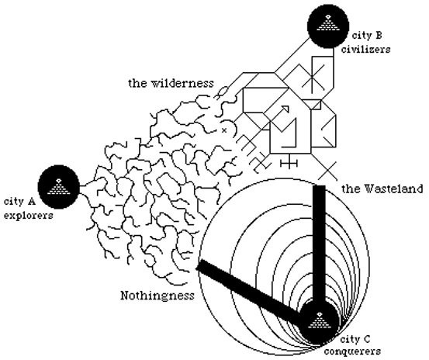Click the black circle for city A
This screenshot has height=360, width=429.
[x=58, y=187]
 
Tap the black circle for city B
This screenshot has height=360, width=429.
[x=328, y=26]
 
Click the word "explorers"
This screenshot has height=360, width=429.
[x=29, y=216]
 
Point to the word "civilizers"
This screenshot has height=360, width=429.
[x=365, y=49]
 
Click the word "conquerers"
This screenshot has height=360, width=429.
[x=353, y=351]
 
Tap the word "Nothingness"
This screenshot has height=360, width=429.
[x=157, y=296]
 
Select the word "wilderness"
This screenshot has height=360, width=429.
[x=182, y=83]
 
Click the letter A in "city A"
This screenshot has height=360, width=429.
[x=31, y=202]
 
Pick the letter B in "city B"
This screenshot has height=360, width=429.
[x=378, y=35]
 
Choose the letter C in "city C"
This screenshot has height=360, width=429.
[x=366, y=339]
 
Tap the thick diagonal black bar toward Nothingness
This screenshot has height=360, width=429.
[x=251, y=290]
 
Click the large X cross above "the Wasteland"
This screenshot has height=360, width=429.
[x=327, y=171]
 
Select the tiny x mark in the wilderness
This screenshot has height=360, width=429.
[x=224, y=130]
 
